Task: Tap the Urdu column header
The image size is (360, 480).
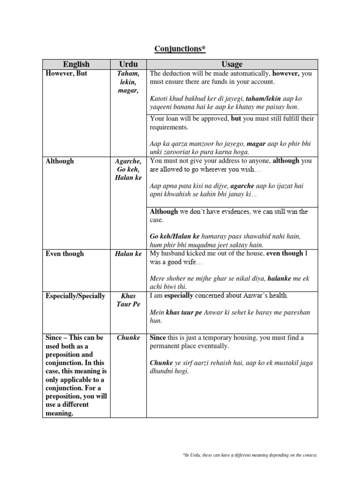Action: click(x=127, y=64)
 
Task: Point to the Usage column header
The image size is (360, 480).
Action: click(x=232, y=64)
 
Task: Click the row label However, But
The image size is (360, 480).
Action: click(x=67, y=74)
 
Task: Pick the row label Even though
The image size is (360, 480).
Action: click(x=65, y=254)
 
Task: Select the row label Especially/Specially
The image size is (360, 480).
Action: click(x=75, y=296)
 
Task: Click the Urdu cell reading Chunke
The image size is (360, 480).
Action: click(x=128, y=337)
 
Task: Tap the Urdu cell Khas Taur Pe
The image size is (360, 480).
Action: click(x=128, y=300)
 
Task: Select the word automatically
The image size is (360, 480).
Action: click(x=246, y=74)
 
